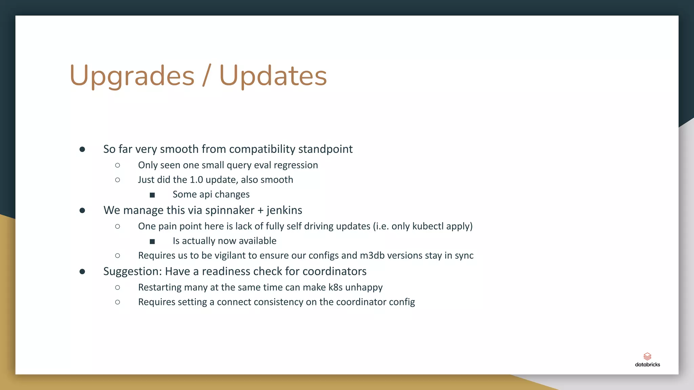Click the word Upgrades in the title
[132, 76]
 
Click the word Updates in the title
[273, 76]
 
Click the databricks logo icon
[647, 356]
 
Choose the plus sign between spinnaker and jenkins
[260, 211]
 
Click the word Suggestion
[132, 272]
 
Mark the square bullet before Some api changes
[152, 195]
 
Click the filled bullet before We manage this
[82, 211]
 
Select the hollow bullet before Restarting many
[118, 287]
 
